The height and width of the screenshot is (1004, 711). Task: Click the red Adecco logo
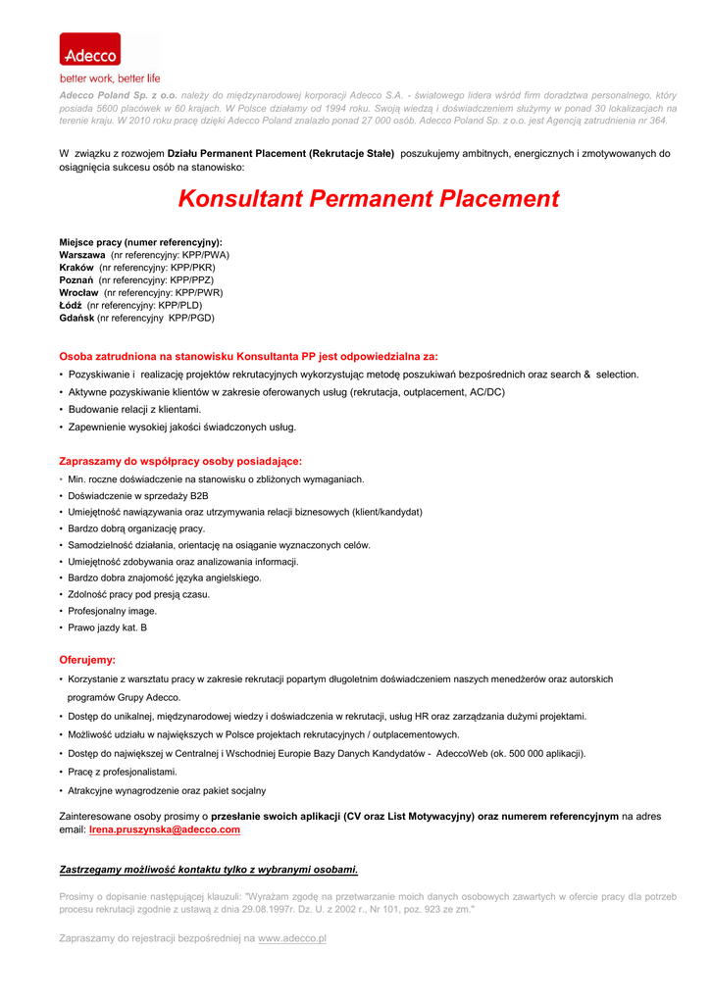click(89, 49)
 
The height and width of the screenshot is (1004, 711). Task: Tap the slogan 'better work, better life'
click(110, 78)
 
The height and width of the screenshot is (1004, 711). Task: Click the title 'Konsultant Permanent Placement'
click(369, 199)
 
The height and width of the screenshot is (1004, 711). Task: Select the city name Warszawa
click(82, 255)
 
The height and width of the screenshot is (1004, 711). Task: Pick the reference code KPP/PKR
click(192, 268)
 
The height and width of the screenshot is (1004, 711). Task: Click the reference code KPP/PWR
click(196, 293)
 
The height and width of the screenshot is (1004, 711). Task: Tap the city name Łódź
click(71, 306)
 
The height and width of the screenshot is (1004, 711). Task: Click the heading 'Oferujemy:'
click(87, 661)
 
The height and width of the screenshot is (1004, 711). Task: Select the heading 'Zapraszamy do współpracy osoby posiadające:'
click(180, 461)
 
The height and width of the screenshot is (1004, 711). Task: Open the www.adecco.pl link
click(292, 939)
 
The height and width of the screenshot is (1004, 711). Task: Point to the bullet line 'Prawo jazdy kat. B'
click(107, 627)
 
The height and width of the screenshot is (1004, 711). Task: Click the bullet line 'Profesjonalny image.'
click(112, 611)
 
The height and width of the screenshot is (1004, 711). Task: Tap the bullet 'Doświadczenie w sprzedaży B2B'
click(137, 496)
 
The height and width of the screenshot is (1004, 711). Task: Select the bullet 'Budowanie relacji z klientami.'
click(134, 410)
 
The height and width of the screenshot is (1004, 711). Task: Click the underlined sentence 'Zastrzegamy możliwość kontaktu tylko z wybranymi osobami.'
click(209, 870)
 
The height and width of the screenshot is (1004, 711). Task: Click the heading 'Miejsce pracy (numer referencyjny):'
click(140, 242)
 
